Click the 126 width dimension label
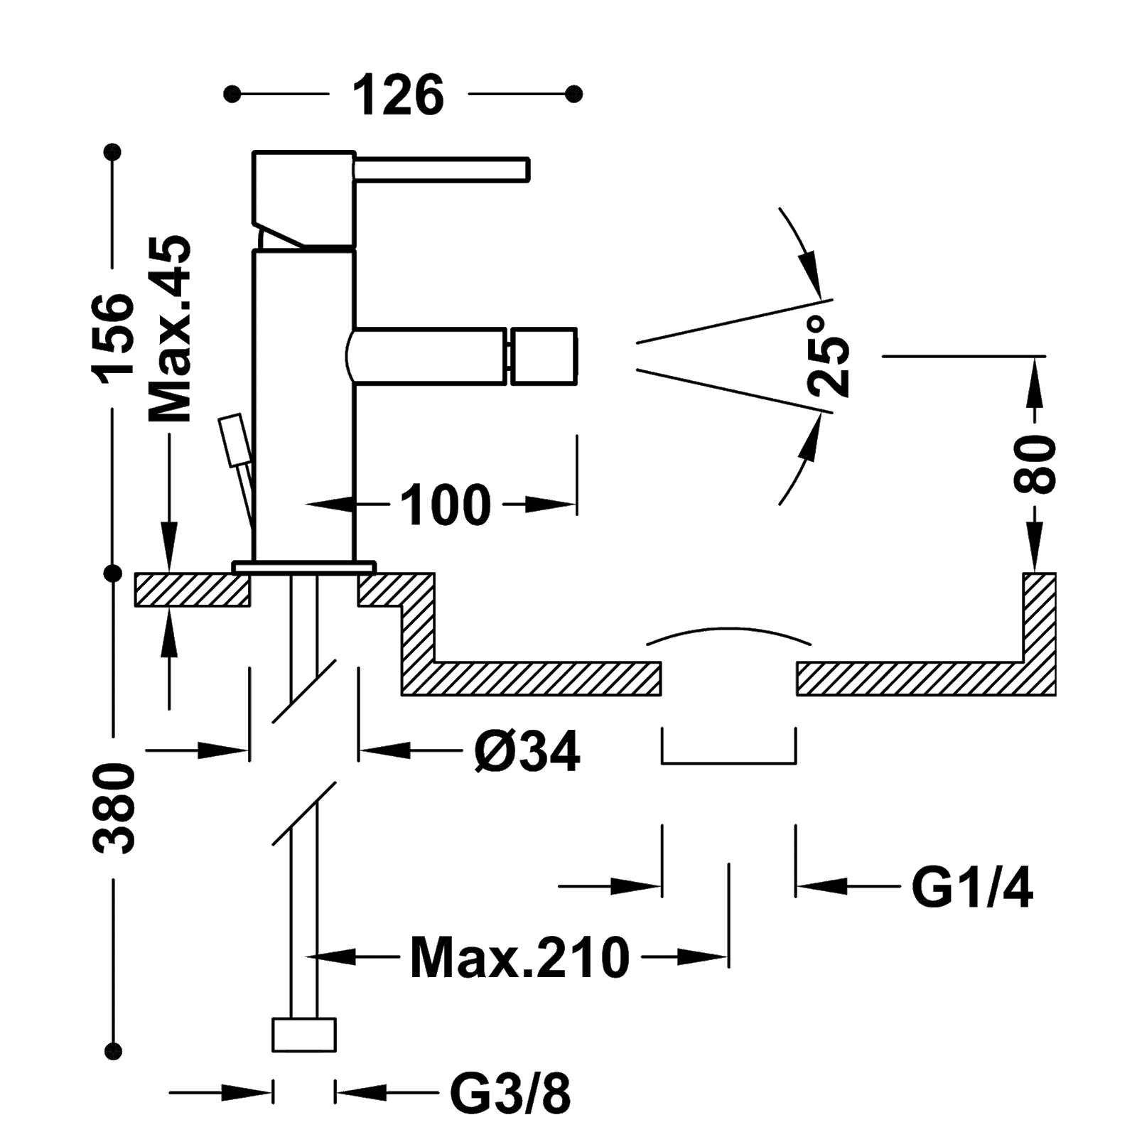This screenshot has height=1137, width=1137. pyautogui.click(x=398, y=95)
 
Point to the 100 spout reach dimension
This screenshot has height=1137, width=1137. pyautogui.click(x=446, y=505)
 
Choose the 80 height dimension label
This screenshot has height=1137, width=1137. pyautogui.click(x=1035, y=465)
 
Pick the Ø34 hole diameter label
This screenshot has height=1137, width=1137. pyautogui.click(x=527, y=751)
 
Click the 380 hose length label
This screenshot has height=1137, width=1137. pyautogui.click(x=114, y=808)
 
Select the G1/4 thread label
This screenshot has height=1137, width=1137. pyautogui.click(x=972, y=888)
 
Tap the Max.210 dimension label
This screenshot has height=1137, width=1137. pyautogui.click(x=520, y=958)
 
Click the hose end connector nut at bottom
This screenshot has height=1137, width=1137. pyautogui.click(x=303, y=1035)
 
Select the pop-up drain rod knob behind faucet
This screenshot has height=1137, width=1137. pyautogui.click(x=232, y=441)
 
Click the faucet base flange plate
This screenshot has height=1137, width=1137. pyautogui.click(x=303, y=566)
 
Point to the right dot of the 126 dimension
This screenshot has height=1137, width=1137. pyautogui.click(x=574, y=94)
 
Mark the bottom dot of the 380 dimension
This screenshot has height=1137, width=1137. pyautogui.click(x=113, y=1051)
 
